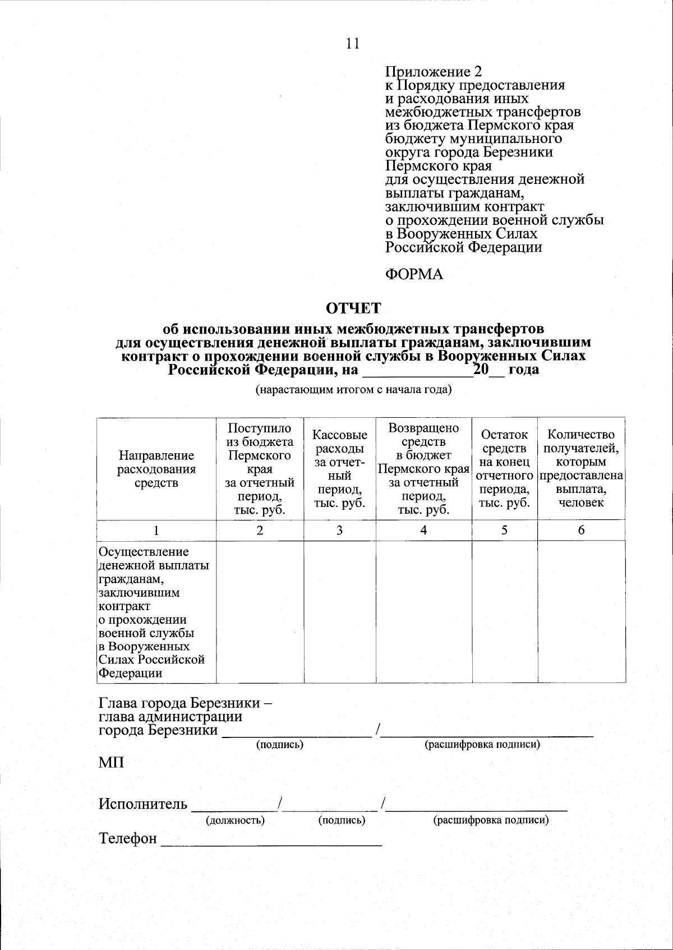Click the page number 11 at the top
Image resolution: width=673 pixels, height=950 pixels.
(x=352, y=44)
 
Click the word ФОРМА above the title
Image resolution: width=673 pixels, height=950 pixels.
(x=414, y=275)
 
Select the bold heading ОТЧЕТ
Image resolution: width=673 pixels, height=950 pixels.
(x=353, y=308)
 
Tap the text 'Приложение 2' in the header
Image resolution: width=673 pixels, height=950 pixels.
(x=433, y=72)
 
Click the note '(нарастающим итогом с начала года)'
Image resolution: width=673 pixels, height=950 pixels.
(x=353, y=390)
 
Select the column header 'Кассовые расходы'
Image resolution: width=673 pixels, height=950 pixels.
(x=339, y=469)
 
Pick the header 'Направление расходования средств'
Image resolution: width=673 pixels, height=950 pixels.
(x=156, y=469)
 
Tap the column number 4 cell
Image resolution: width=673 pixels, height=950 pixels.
(x=423, y=531)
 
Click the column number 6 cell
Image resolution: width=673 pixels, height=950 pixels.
(x=581, y=531)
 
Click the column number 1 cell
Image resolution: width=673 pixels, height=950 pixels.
(x=156, y=531)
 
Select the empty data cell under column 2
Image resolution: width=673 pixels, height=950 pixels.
(x=260, y=611)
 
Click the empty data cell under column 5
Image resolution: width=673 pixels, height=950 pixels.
(x=504, y=611)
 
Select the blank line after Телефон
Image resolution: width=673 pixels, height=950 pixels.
(x=271, y=841)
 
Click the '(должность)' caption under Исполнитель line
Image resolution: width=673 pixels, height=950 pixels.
(x=235, y=820)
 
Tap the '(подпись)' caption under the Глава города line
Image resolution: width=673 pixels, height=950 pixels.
(x=279, y=745)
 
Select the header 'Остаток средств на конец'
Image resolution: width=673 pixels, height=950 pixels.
(x=504, y=455)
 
